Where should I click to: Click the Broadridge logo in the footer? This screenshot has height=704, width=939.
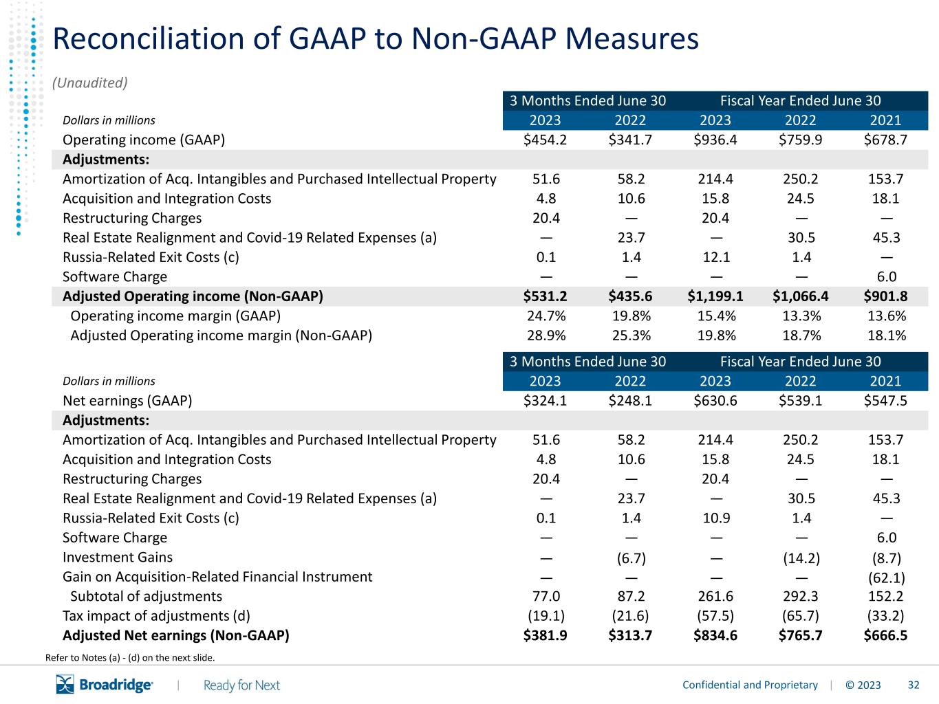pyautogui.click(x=105, y=685)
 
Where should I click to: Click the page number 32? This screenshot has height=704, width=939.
pyautogui.click(x=914, y=685)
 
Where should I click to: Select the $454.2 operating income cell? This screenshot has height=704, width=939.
pyautogui.click(x=545, y=140)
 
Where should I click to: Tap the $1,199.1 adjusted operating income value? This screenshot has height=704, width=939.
pyautogui.click(x=715, y=296)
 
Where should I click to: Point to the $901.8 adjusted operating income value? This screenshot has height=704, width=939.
pyautogui.click(x=885, y=296)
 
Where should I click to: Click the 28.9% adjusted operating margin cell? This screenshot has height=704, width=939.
pyautogui.click(x=546, y=335)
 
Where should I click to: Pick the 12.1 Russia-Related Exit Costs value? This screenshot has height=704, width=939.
pyautogui.click(x=717, y=257)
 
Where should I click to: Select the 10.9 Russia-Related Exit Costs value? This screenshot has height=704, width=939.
pyautogui.click(x=717, y=518)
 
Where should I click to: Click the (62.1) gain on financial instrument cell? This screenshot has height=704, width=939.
pyautogui.click(x=887, y=577)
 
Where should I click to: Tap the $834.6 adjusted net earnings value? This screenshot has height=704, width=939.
pyautogui.click(x=715, y=635)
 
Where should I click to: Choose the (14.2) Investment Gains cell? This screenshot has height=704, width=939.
pyautogui.click(x=801, y=558)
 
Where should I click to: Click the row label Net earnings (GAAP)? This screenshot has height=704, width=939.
pyautogui.click(x=127, y=401)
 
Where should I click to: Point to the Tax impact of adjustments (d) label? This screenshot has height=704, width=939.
pyautogui.click(x=156, y=616)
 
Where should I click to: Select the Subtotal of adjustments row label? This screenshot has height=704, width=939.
pyautogui.click(x=147, y=596)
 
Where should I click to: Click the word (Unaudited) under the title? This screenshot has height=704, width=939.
pyautogui.click(x=90, y=82)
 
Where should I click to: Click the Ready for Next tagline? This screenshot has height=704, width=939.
pyautogui.click(x=241, y=685)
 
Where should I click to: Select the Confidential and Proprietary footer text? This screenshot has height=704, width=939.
pyautogui.click(x=750, y=685)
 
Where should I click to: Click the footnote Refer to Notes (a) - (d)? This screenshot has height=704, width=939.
pyautogui.click(x=130, y=657)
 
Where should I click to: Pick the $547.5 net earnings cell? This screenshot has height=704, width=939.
pyautogui.click(x=885, y=401)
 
